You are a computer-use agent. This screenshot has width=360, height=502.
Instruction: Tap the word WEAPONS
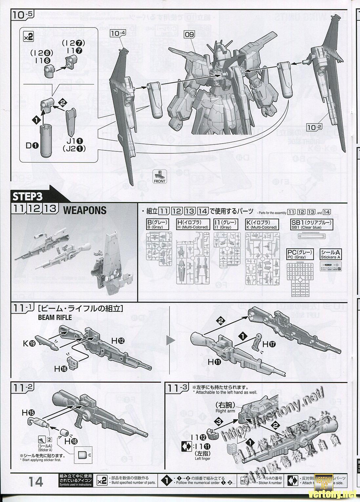84,210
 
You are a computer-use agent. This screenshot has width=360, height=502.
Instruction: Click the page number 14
36,482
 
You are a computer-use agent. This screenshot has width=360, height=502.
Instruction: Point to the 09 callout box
189,34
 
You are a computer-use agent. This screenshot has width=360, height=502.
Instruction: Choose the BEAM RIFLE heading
55,317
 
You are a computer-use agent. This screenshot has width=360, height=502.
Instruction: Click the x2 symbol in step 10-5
29,37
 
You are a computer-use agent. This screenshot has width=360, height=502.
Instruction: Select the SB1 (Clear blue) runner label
311,225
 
